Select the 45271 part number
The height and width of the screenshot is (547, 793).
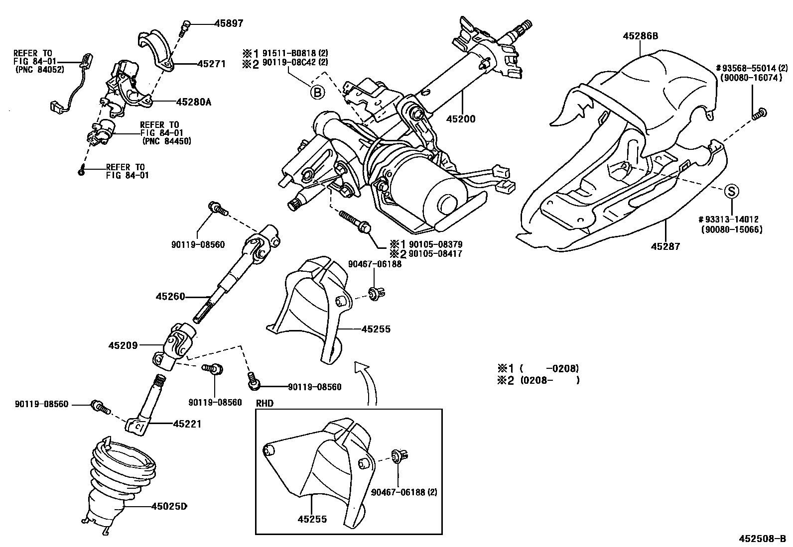(x=211, y=64)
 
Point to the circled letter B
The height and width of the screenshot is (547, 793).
(x=317, y=92)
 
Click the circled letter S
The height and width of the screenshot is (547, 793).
(x=731, y=191)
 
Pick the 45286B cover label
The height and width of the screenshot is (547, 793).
(x=640, y=36)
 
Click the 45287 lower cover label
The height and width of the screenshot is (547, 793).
(x=665, y=246)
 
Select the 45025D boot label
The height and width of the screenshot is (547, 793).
(x=169, y=507)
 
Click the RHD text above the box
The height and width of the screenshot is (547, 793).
(x=265, y=403)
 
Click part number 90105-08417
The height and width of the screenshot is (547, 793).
(x=435, y=254)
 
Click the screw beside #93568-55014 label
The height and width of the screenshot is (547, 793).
(x=760, y=113)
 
